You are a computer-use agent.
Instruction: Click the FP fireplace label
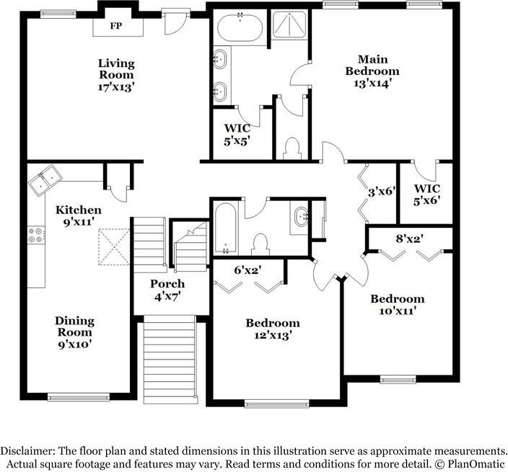[x=115, y=27]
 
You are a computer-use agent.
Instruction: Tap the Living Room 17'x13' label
[x=116, y=75]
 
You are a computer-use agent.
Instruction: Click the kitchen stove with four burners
[x=35, y=235]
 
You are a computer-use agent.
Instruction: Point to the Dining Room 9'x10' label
[x=75, y=332]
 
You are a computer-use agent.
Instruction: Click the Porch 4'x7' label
[x=167, y=290]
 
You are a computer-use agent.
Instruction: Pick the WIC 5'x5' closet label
[x=237, y=135]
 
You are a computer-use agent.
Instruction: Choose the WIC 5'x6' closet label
[x=426, y=195]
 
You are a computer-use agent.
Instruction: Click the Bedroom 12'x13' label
[x=272, y=329]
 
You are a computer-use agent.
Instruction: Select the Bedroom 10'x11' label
[x=397, y=305]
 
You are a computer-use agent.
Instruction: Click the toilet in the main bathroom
[x=292, y=148]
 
